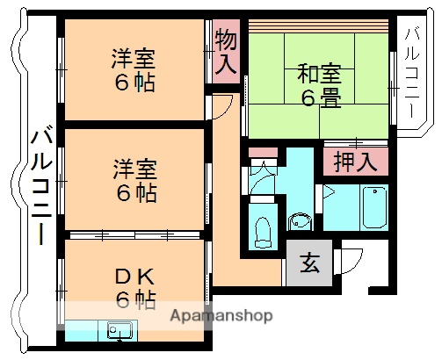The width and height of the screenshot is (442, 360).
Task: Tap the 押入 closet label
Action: point(355,161)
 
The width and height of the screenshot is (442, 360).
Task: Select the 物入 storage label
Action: point(226,52)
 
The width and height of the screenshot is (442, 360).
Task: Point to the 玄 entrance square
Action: point(310,263)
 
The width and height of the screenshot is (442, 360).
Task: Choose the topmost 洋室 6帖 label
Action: point(134,72)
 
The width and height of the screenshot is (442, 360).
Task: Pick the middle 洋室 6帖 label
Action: point(134,179)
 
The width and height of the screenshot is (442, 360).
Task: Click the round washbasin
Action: point(300,220)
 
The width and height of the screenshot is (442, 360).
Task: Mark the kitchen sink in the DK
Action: point(120,331)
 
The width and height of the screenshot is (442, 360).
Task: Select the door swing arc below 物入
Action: point(223,103)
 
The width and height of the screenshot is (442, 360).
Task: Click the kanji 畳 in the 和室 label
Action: point(330,98)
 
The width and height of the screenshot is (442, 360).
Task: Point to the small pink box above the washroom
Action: point(262,152)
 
